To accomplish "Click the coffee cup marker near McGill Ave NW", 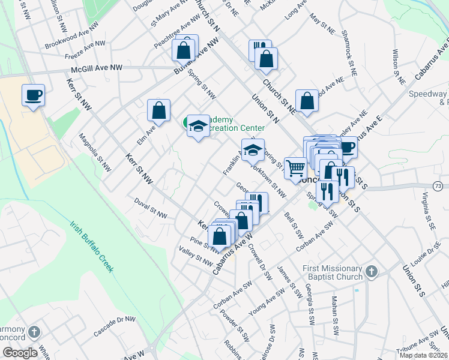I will coord(33,95).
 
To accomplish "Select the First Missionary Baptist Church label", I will coord(333,272).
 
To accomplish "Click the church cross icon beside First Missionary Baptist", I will coord(372,272).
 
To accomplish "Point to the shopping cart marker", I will coord(295,169).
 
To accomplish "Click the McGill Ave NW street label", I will coord(96,69).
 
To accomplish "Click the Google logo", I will coord(20,353).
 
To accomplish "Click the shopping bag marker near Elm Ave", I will coord(158,110).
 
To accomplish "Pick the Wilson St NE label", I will coord(396,66).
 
